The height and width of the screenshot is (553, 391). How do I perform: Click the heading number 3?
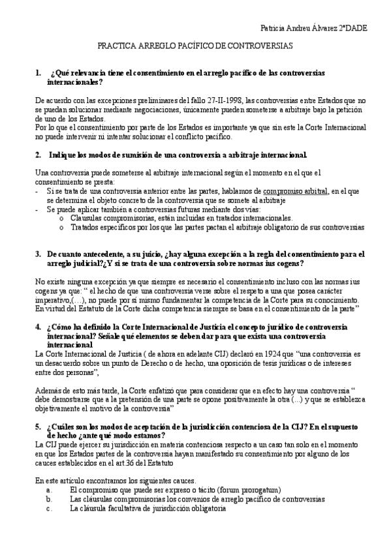(x=38, y=254)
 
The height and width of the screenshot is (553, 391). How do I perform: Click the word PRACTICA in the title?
(x=114, y=48)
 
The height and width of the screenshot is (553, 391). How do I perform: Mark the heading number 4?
(x=38, y=326)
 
